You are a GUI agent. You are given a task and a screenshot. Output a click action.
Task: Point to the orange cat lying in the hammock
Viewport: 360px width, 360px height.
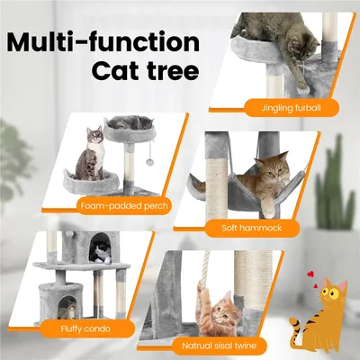point(254,176)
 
